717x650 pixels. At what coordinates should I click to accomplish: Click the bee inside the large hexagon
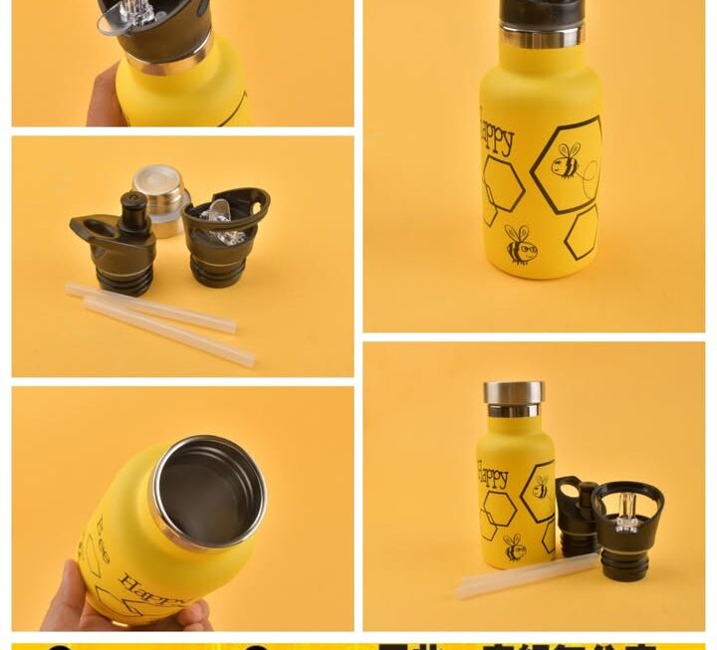point(568,162)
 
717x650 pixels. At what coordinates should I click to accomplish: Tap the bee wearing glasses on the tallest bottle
point(520,245)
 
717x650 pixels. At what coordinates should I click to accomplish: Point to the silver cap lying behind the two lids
point(160,192)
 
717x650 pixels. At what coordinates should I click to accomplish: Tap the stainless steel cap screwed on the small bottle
point(514,393)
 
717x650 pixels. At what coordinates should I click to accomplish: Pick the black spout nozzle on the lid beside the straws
point(132,210)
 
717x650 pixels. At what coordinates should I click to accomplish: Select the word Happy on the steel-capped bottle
point(492,475)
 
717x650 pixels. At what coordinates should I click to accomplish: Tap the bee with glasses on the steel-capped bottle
point(515,546)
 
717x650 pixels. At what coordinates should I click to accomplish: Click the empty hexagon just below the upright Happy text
point(502,184)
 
